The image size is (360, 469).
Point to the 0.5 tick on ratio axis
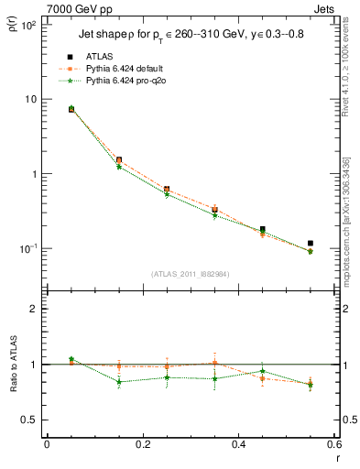pos(30,420)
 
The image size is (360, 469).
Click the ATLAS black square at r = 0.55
pos(311,244)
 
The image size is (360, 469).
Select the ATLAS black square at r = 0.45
pos(262,229)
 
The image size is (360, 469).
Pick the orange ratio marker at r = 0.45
pos(262,377)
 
